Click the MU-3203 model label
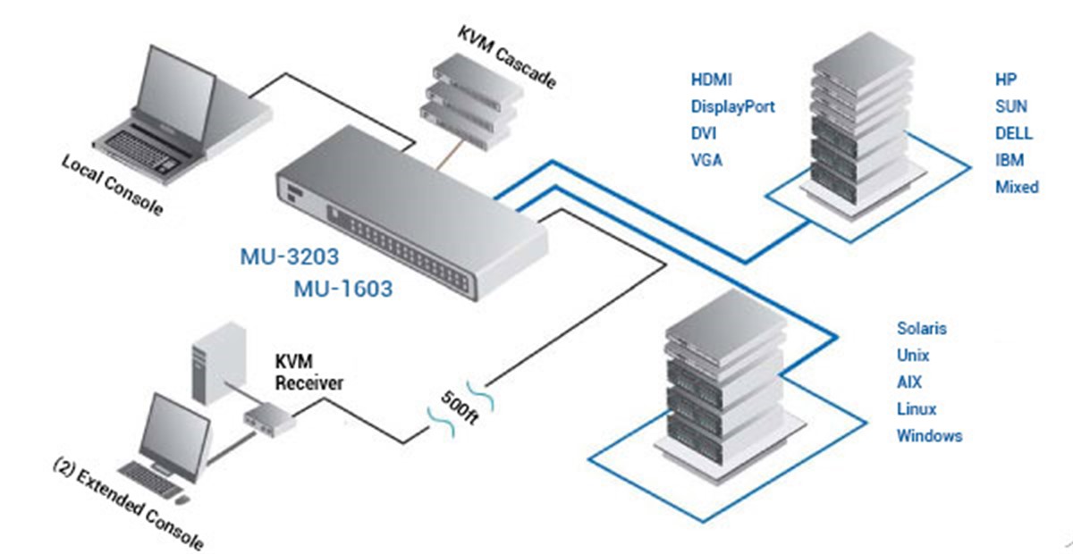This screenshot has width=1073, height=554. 290,256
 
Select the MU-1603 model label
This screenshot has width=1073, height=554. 343,289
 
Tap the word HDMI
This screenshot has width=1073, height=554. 712,80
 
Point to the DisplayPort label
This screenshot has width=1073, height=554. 732,106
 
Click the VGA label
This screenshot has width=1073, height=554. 706,160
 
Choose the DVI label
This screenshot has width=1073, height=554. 704,133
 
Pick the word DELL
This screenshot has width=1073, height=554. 1014,133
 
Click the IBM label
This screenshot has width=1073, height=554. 1010,160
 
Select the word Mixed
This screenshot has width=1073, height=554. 1017,187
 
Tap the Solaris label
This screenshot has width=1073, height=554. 922,329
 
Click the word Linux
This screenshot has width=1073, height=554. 917,409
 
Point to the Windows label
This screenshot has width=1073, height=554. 929,436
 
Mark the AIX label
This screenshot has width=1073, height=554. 909,382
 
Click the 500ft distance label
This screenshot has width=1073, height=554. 460,407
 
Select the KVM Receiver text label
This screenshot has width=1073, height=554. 309,372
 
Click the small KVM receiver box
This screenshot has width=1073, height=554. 270,419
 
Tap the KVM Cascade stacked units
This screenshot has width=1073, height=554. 471,102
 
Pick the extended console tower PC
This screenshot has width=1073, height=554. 219,364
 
